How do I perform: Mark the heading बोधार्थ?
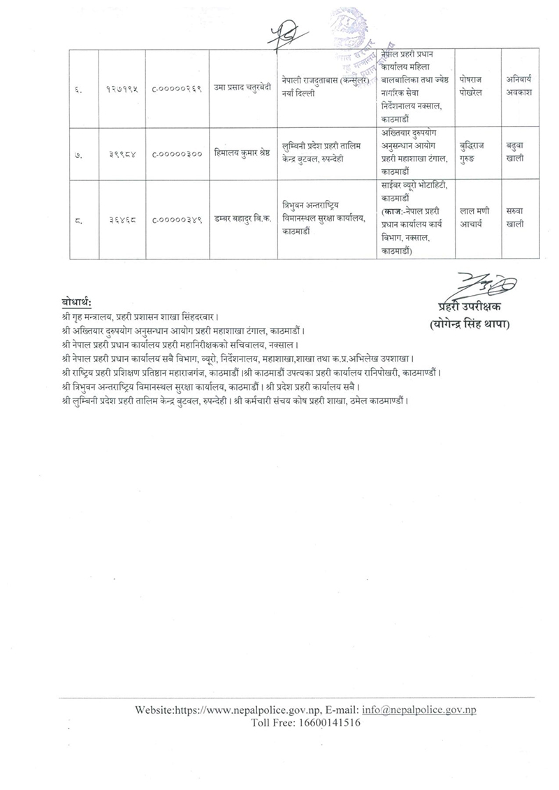tap(77, 303)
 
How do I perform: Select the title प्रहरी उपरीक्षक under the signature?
tap(470, 307)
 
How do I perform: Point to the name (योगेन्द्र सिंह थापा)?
tap(470, 323)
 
